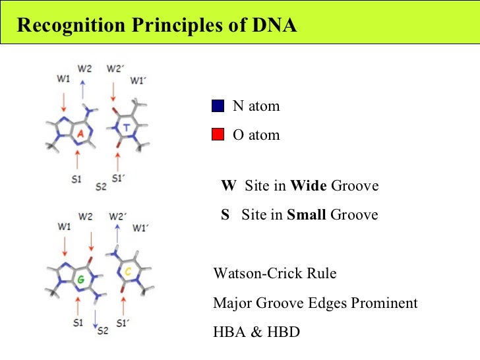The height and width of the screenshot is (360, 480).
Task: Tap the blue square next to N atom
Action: point(219,106)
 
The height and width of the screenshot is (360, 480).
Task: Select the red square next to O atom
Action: point(219,135)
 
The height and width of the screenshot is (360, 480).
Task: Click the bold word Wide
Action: point(309,186)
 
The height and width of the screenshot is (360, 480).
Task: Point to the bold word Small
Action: point(307,214)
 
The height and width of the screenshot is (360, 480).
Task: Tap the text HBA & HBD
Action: point(256,332)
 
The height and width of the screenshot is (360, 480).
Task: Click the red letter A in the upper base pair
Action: point(79,134)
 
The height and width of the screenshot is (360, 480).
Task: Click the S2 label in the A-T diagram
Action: point(100,187)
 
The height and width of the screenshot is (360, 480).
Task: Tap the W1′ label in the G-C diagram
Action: point(138,228)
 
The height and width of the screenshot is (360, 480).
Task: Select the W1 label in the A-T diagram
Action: point(63,80)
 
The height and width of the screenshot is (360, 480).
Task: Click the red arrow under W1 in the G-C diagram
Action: point(64,246)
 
